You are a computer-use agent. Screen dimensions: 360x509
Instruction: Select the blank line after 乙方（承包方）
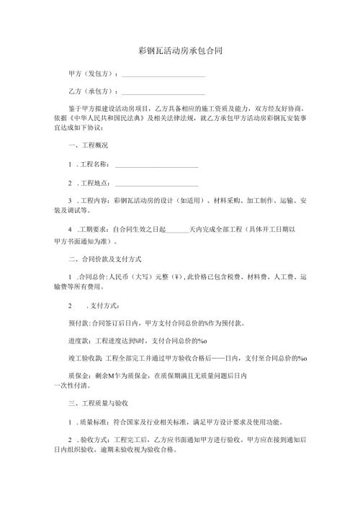(163, 94)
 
